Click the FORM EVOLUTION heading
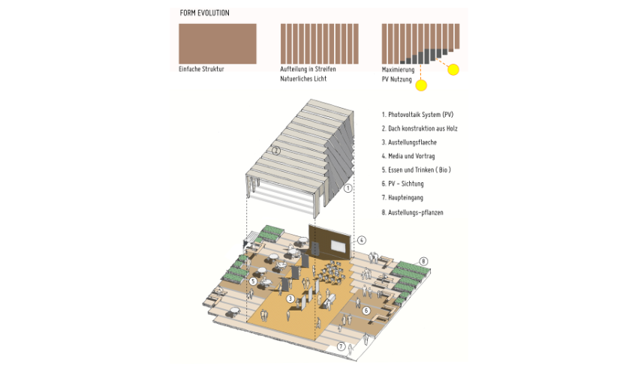204,13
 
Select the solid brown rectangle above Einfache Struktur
218,43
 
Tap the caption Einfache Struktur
201,69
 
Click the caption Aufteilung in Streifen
308,69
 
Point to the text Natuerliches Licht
303,79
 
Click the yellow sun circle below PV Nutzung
421,85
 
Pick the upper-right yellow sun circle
453,70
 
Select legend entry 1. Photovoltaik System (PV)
417,115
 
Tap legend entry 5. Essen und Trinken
417,170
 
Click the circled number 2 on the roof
276,151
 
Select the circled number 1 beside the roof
348,188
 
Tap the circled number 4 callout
361,240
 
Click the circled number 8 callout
423,262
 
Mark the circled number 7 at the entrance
341,346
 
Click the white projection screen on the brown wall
339,246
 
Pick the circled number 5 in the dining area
253,281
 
